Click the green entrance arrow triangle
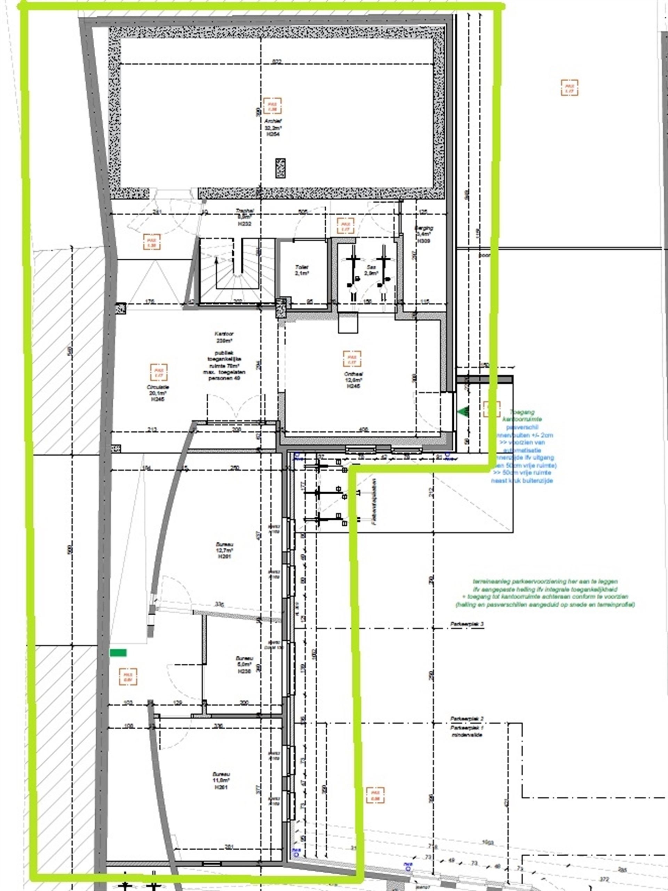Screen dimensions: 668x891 tap(464, 412)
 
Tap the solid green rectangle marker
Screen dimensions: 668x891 tap(118, 653)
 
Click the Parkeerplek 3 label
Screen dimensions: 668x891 tap(467, 624)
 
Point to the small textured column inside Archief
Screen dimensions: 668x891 tap(280, 168)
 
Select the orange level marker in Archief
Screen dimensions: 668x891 tap(272, 106)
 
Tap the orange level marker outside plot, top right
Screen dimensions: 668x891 tap(569, 87)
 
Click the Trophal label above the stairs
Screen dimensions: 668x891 tap(244, 211)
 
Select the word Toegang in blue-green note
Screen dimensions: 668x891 tap(522, 412)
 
